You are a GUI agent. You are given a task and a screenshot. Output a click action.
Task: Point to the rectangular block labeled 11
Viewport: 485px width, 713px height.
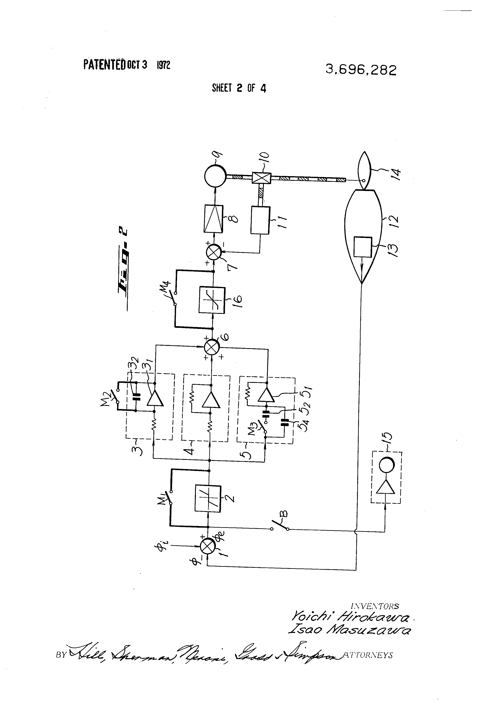260,220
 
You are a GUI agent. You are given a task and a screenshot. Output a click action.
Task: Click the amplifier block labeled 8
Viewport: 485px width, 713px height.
213,219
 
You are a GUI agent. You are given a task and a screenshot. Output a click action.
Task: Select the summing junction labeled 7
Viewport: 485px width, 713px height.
213,252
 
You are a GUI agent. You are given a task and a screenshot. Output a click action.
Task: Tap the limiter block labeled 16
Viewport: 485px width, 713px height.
212,300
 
